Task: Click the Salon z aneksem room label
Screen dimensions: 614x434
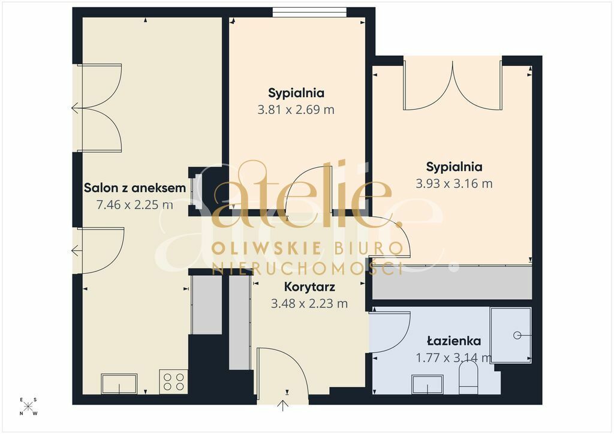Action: (x=135, y=188)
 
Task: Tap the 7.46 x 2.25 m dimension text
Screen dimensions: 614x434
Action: (x=135, y=204)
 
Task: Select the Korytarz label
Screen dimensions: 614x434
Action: (x=309, y=287)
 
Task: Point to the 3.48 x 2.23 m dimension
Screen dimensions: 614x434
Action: (x=309, y=303)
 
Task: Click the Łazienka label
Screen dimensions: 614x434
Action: (x=454, y=341)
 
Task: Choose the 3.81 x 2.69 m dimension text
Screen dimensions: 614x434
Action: (x=296, y=110)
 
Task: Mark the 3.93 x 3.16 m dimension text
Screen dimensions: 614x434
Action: (x=455, y=183)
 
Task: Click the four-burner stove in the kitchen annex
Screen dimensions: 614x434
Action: (x=173, y=382)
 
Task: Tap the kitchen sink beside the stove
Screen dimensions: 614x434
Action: (x=119, y=384)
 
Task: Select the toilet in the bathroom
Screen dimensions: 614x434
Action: (x=468, y=377)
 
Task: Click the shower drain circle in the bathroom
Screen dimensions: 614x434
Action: (x=517, y=335)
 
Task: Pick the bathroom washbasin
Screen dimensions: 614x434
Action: (x=427, y=384)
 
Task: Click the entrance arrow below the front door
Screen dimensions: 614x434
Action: (x=283, y=405)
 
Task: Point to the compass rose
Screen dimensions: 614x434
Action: (x=28, y=406)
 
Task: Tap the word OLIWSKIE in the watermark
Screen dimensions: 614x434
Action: (x=267, y=249)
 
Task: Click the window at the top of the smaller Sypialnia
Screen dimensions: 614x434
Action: (x=309, y=13)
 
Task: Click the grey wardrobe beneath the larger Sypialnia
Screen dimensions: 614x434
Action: (x=452, y=282)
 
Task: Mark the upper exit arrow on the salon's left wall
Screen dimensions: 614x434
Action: (x=75, y=108)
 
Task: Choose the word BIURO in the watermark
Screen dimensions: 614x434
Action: (x=369, y=249)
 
